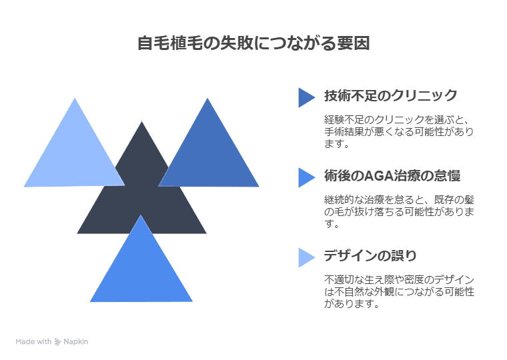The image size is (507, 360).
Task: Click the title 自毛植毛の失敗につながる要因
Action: point(253,44)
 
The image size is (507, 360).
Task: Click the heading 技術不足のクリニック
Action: point(390,95)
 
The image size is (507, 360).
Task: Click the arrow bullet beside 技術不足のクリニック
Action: point(306,97)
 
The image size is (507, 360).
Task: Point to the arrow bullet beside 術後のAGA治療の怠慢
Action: point(306,177)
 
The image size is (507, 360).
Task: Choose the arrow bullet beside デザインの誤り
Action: point(306,257)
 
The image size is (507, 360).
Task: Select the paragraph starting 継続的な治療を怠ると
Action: point(399,211)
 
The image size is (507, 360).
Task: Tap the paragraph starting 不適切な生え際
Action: point(399,291)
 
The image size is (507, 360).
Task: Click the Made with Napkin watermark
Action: point(52,341)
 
